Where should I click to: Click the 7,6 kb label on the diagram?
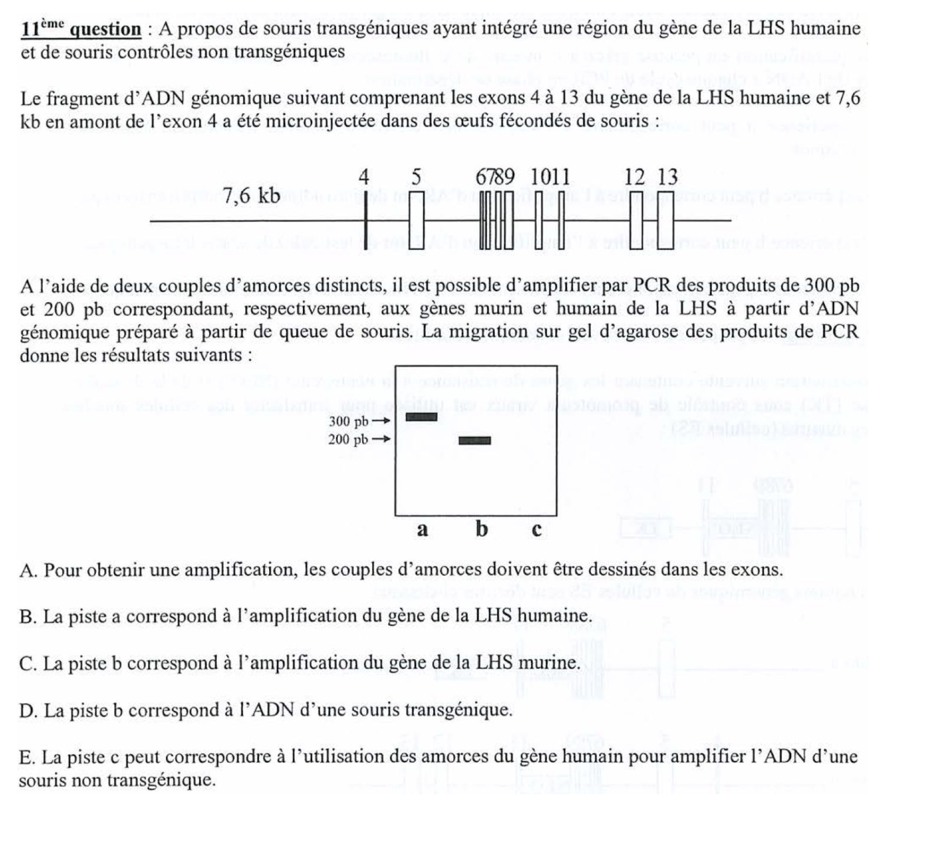click(x=251, y=195)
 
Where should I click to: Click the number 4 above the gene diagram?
click(x=364, y=178)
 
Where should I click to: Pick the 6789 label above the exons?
click(x=495, y=178)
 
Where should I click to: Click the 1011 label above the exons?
click(x=550, y=178)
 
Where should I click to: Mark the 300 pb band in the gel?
click(x=422, y=417)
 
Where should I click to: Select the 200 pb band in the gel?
click(x=474, y=441)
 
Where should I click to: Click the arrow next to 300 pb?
click(x=381, y=421)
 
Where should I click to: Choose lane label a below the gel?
click(x=422, y=530)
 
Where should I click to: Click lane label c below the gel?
click(x=536, y=531)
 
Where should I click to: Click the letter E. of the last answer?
click(x=28, y=757)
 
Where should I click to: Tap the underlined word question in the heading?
click(x=106, y=29)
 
